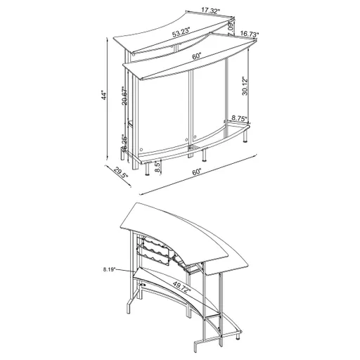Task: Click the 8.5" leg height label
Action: (x=157, y=166)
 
